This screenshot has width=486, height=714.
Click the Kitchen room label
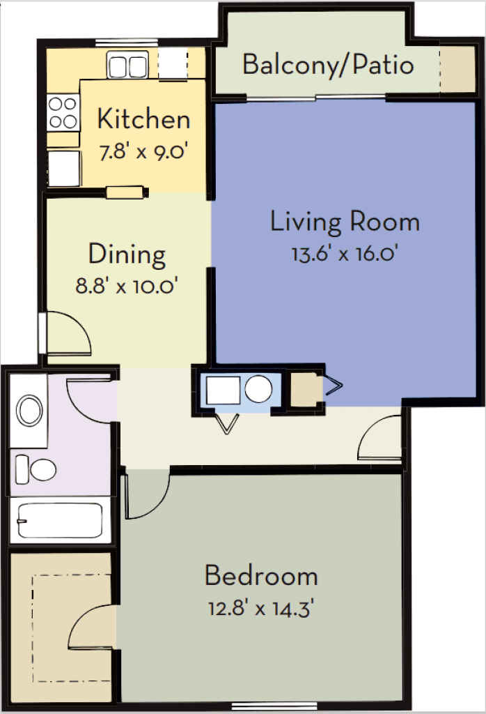143,119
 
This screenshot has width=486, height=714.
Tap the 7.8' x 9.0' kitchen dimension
144,152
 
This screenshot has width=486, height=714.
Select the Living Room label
345,222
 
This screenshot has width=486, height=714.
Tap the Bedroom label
261,577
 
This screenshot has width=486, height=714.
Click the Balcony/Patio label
328,65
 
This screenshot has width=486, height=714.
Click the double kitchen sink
127,66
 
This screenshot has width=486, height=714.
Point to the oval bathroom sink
30,411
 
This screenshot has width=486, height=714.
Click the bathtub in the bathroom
60,520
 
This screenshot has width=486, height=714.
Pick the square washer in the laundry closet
221,389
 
